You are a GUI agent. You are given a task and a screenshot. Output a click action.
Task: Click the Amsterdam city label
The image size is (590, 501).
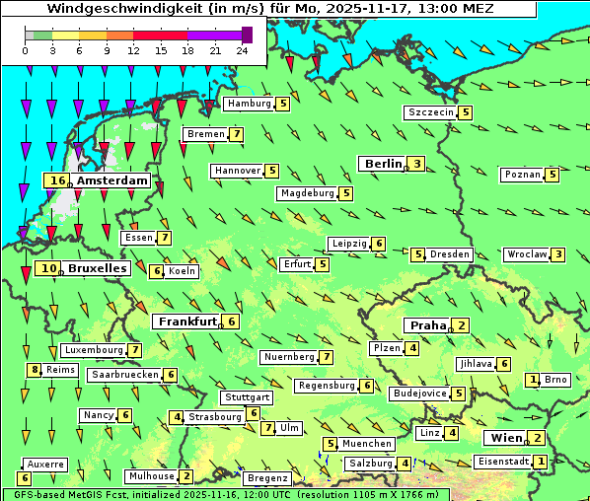[111, 180]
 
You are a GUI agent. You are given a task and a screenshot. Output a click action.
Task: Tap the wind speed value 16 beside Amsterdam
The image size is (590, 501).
[57, 180]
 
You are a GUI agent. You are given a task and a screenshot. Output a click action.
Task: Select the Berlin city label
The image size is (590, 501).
[382, 164]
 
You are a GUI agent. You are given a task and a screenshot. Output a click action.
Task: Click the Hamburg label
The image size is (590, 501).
[249, 104]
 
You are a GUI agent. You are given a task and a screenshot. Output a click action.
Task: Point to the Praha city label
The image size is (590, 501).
[428, 325]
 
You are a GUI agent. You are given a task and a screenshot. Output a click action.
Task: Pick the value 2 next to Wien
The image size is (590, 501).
[537, 438]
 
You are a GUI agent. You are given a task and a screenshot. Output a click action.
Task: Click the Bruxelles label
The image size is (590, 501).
[97, 267]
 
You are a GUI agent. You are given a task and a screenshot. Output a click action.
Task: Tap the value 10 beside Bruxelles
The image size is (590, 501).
[47, 267]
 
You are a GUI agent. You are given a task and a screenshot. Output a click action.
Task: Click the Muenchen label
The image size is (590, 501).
[367, 444]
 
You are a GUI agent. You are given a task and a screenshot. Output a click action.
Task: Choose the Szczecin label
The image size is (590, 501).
[431, 112]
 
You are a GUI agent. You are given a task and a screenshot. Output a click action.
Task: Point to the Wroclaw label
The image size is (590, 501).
[527, 254]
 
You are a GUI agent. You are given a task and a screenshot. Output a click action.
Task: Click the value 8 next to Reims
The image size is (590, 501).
[36, 370]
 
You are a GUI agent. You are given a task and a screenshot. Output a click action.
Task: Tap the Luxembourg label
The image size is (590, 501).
[94, 350]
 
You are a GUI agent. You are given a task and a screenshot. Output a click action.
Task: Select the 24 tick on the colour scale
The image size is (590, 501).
[242, 49]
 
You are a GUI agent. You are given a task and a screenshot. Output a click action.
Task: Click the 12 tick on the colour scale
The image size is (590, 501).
[132, 49]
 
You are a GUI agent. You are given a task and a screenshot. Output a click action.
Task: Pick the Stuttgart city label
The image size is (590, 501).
[246, 397]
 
